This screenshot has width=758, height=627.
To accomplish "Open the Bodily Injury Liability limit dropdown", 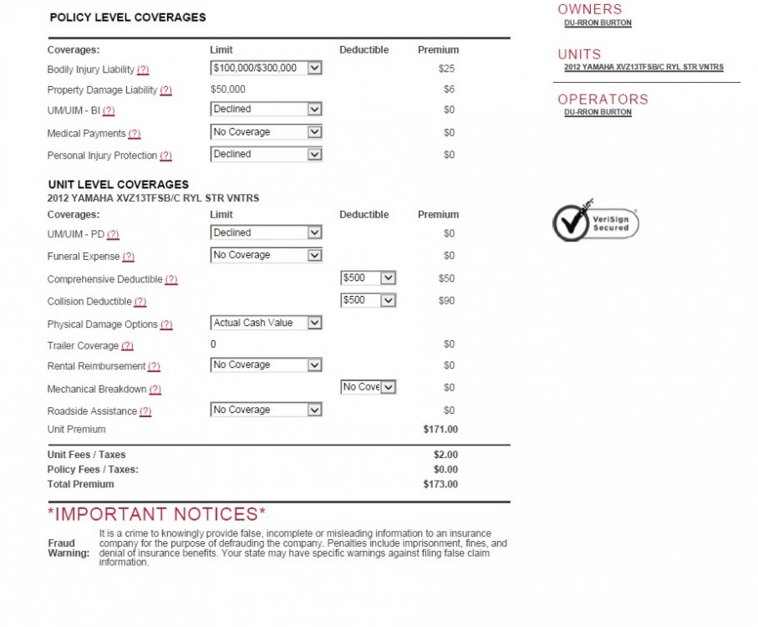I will tap(266, 69).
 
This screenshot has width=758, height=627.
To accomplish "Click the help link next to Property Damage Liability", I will tap(165, 90).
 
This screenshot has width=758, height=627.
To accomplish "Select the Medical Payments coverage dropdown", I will tap(266, 132).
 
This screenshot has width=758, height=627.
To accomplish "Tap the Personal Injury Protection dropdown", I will tap(266, 155).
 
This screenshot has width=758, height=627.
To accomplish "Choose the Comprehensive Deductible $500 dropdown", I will tap(369, 278).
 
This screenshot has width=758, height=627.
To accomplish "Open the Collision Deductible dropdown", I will tap(369, 300).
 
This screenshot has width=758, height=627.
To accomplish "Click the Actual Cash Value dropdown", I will tap(266, 323).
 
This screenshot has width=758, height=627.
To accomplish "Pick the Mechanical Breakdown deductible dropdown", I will tap(369, 387).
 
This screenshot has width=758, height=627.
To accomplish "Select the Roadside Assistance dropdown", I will tap(266, 410).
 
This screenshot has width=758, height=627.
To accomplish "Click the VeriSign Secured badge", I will tap(596, 222).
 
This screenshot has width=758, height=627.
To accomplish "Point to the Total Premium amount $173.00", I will tap(440, 484).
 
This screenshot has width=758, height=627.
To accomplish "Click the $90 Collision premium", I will tap(446, 300).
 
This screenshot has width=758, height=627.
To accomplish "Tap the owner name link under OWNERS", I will tap(598, 23).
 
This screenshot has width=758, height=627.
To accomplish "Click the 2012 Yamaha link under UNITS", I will tap(644, 68).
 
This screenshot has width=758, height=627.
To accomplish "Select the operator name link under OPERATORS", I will tap(598, 113).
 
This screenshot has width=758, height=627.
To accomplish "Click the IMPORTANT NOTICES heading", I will tap(157, 514).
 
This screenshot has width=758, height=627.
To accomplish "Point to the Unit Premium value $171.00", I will tap(440, 430).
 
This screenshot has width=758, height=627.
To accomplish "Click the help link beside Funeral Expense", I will tap(128, 257).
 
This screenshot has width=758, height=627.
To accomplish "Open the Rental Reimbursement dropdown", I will tap(266, 365).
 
